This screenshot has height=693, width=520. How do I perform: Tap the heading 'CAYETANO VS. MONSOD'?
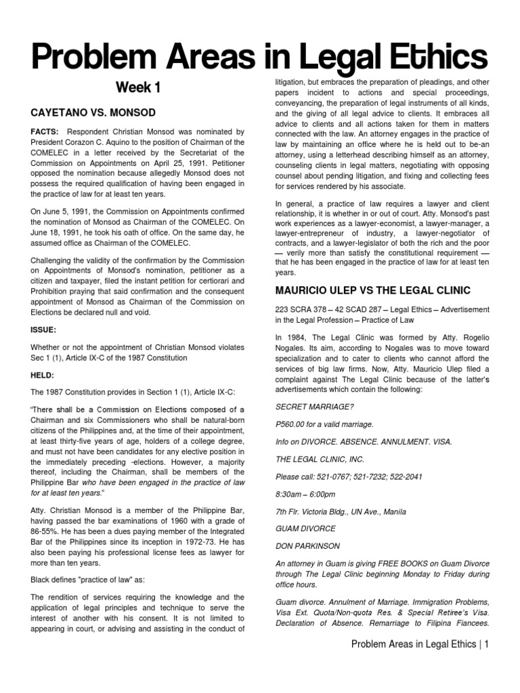[93, 112]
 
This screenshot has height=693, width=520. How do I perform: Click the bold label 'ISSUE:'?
[43, 330]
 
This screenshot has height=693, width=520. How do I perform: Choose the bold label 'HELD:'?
[43, 374]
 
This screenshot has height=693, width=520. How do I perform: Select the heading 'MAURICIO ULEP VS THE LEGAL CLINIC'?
[372, 290]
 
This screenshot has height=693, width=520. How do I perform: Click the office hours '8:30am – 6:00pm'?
[307, 494]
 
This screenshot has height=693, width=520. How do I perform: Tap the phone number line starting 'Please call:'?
[349, 476]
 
